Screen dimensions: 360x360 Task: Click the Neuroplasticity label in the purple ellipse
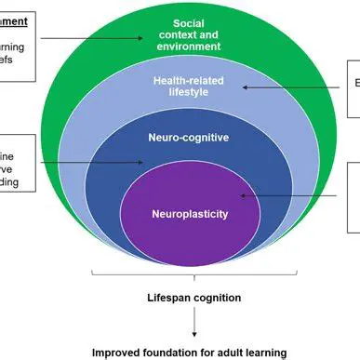190,213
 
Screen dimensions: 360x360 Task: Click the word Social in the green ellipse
190,21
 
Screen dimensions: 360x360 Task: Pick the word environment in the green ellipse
190,45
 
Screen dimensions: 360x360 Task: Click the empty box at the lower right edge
353,196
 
